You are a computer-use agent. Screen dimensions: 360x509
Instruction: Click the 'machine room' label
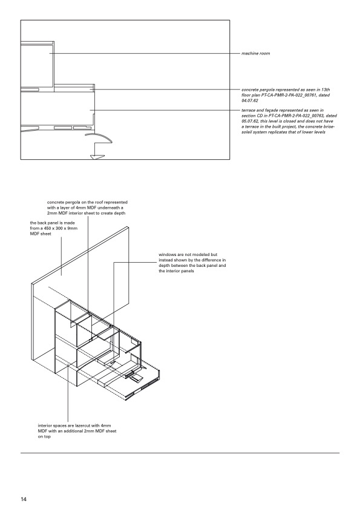pos(255,53)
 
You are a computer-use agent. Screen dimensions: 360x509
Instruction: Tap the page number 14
pos(24,499)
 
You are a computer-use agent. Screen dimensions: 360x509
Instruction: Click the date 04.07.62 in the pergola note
pos(250,100)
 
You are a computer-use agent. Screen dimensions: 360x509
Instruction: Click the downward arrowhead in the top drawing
pos(96,157)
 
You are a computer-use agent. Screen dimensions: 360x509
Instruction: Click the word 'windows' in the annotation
pos(166,255)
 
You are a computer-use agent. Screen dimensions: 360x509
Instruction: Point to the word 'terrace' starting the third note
pos(248,110)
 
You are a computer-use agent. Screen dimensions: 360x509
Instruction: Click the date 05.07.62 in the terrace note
pos(250,121)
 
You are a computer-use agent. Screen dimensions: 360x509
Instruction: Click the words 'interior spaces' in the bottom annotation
pos(52,425)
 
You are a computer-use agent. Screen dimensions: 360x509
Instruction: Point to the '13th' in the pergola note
pos(326,90)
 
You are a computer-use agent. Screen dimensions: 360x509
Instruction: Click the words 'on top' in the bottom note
pos(44,436)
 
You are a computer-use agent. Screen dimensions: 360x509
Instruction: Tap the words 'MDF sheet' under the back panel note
pos(41,234)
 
